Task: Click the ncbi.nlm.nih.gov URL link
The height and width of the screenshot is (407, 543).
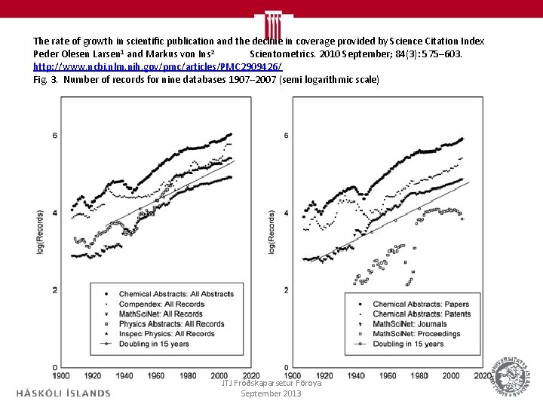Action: pos(158,67)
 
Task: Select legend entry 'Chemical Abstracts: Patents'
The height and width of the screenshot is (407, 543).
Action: pos(421,314)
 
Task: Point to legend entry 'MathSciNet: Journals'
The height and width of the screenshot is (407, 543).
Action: pos(410,324)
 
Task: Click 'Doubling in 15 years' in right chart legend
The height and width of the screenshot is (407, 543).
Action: pos(408,344)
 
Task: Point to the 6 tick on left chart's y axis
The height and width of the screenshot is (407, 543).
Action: pos(55,136)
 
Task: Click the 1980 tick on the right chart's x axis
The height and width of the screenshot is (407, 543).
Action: pos(419,375)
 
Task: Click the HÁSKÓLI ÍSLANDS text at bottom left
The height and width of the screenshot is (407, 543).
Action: pos(63,393)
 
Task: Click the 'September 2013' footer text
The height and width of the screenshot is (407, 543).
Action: pos(271,394)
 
